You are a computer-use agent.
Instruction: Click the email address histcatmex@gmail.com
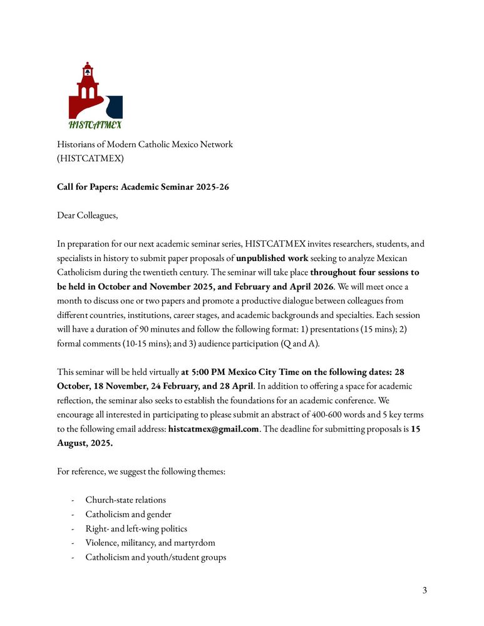[214, 429]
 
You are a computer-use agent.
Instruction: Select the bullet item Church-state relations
[126, 500]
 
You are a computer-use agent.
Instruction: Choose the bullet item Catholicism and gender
[128, 515]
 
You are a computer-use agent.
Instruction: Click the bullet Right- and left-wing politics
[136, 529]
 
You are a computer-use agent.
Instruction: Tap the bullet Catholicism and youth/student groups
[156, 558]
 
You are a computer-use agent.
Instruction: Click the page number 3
[425, 590]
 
